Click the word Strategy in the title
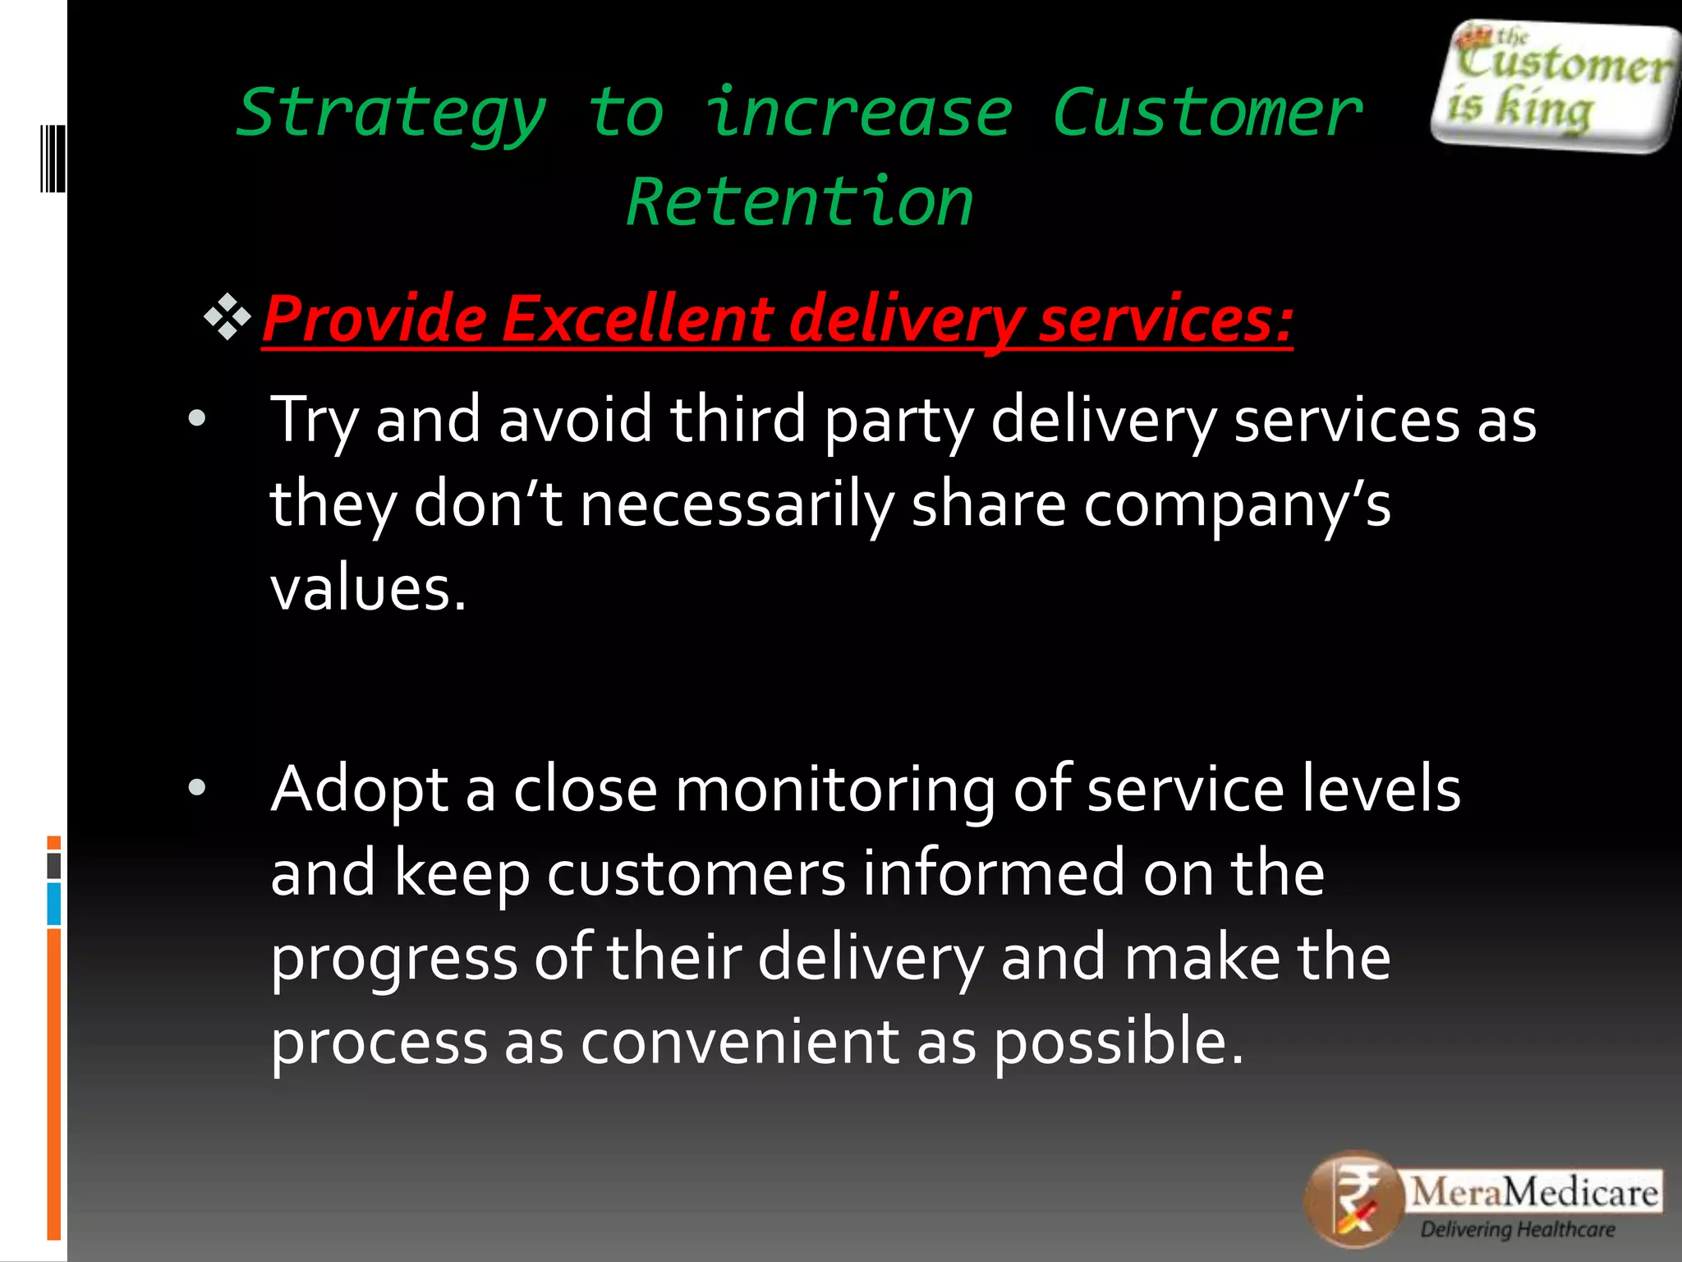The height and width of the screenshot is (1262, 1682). click(x=391, y=113)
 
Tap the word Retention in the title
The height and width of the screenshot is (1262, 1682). click(x=799, y=202)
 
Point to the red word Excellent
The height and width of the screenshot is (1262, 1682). click(x=636, y=319)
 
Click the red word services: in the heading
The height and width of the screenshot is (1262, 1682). click(x=1165, y=319)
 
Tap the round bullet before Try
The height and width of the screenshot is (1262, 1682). click(x=197, y=419)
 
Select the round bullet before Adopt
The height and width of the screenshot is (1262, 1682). click(x=197, y=788)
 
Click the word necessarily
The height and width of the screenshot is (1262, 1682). click(x=736, y=504)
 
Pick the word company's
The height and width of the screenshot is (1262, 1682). click(x=1236, y=504)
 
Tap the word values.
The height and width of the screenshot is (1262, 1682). click(x=368, y=589)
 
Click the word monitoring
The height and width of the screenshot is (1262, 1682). click(x=834, y=790)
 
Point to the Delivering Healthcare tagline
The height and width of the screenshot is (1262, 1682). click(x=1517, y=1230)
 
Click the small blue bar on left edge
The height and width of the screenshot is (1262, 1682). click(x=54, y=904)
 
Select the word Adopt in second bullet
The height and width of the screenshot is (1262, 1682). click(x=359, y=790)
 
